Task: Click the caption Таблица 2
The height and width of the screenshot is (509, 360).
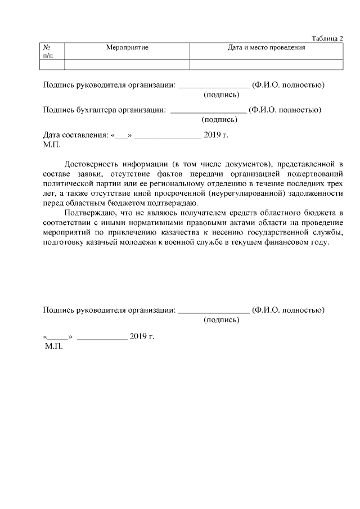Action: (327, 38)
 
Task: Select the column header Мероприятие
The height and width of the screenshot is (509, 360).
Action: (127, 48)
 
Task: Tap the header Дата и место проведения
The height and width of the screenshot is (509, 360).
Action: (266, 48)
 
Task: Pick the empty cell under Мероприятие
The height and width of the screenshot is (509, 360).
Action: (127, 65)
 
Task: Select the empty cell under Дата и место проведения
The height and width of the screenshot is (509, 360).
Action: (266, 65)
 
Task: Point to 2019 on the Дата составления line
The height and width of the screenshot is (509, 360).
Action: (211, 135)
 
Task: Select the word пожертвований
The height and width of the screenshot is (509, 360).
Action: (315, 174)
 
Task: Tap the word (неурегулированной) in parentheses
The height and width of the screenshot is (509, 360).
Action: (253, 193)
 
